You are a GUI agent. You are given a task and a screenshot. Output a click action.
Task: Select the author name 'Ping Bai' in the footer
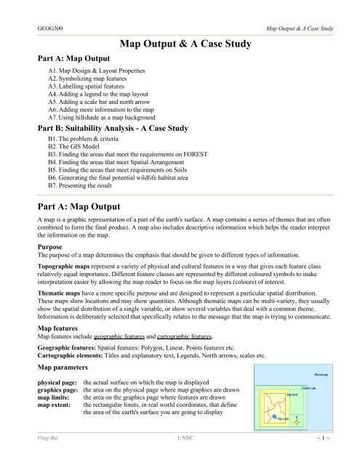pos(33,458)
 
